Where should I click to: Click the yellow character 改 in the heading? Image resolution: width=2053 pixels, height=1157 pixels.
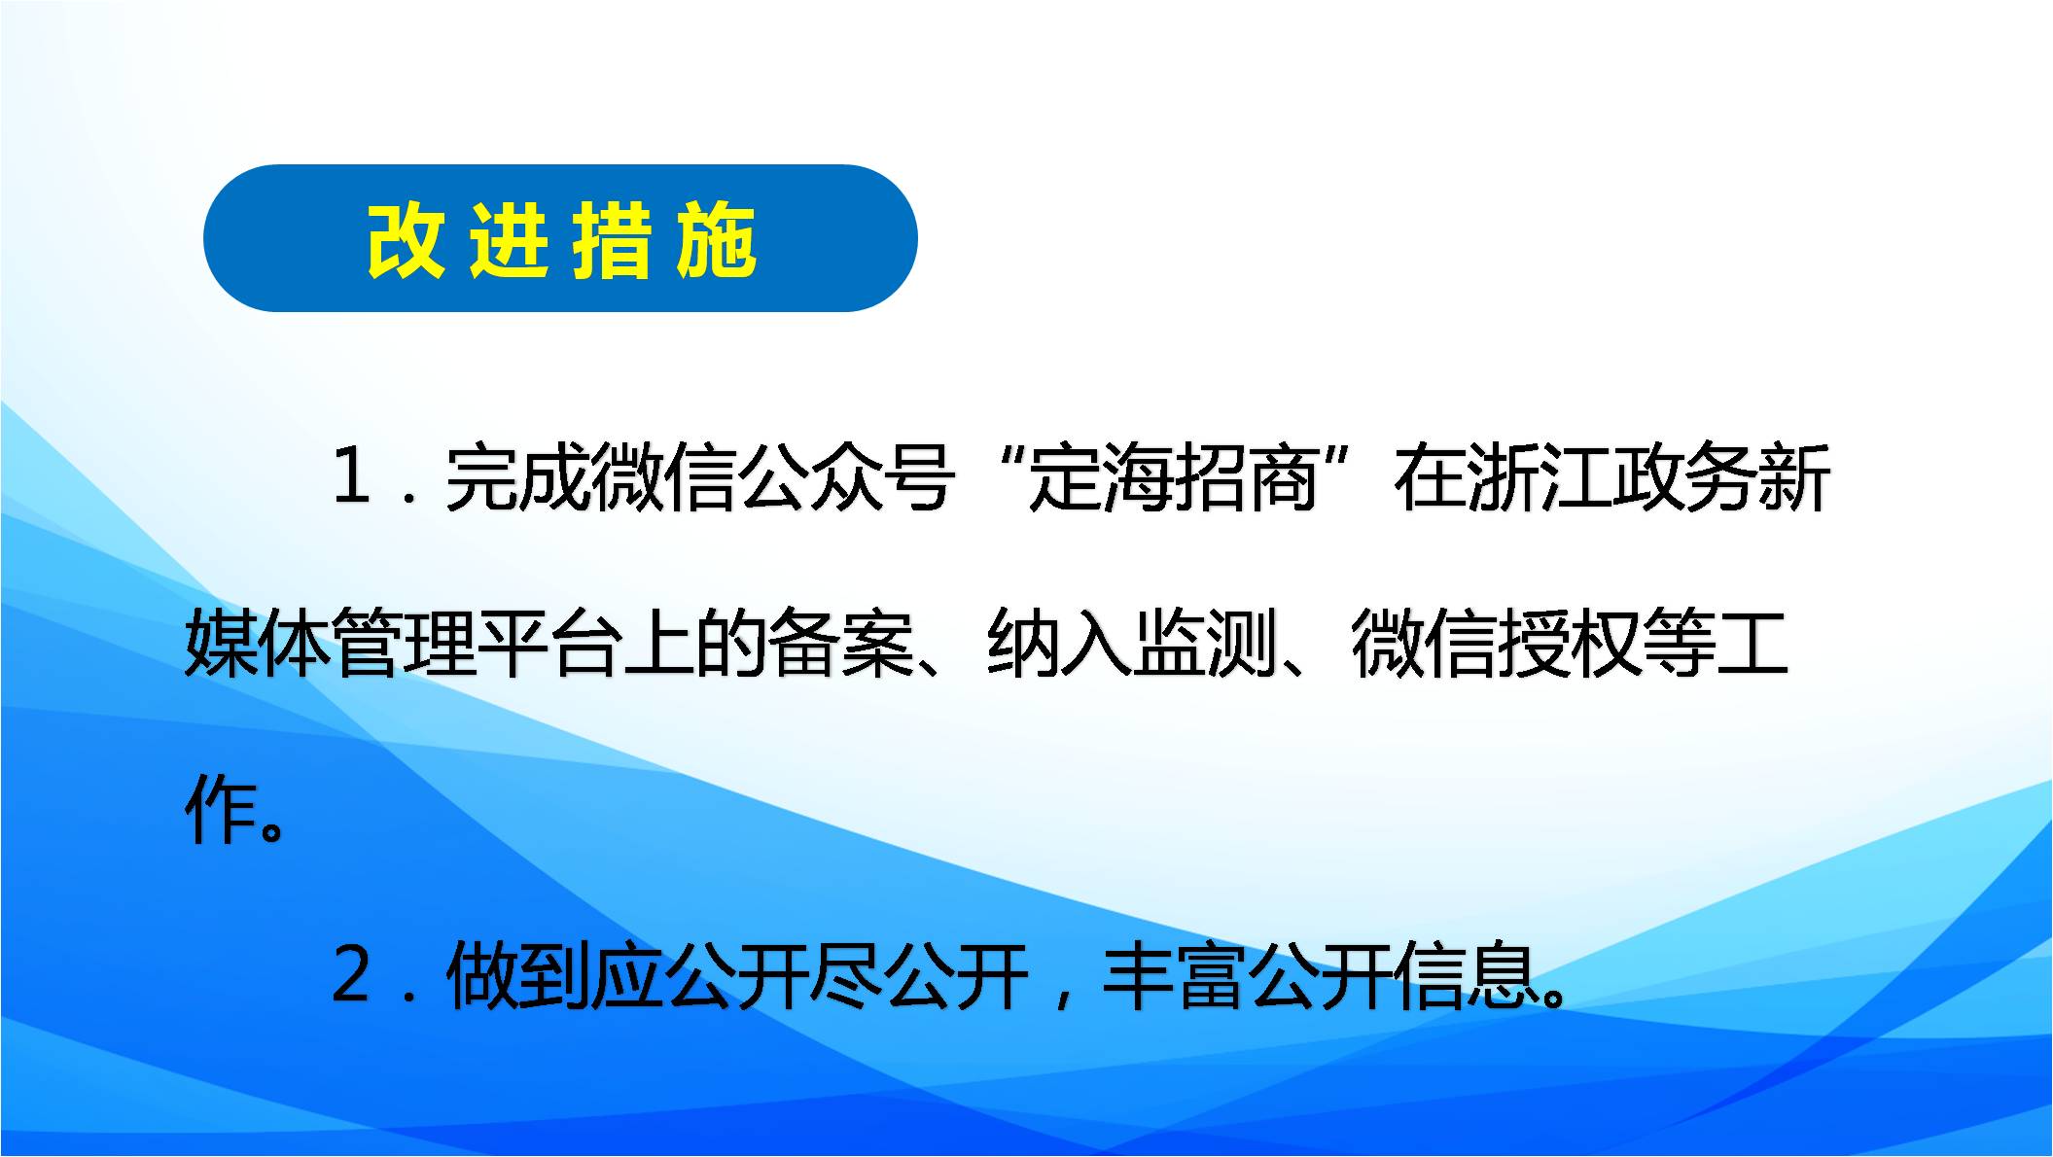(x=406, y=241)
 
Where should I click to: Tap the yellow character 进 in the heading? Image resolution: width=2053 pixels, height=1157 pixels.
(x=508, y=241)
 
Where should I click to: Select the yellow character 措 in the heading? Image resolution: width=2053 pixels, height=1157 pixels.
(x=612, y=241)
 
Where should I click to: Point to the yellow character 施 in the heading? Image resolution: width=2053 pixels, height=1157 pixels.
(x=716, y=241)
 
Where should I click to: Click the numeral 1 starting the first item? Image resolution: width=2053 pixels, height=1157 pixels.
(x=351, y=476)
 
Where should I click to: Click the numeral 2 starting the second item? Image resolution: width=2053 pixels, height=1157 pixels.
(x=351, y=974)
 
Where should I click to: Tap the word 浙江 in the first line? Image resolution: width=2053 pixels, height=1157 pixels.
(x=1540, y=477)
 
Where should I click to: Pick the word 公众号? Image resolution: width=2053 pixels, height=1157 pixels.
(x=846, y=477)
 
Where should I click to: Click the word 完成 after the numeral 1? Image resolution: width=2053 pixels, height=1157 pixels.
(x=518, y=477)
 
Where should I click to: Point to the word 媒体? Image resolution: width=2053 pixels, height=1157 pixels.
(x=258, y=643)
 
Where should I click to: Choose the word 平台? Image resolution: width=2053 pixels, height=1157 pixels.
(x=549, y=643)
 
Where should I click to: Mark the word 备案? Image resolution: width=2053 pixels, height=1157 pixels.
(x=841, y=643)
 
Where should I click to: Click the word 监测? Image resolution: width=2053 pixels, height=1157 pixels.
(x=1206, y=643)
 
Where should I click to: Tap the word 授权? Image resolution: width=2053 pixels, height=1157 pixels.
(x=1571, y=643)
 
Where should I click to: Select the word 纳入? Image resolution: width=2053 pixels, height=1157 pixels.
(x=1060, y=643)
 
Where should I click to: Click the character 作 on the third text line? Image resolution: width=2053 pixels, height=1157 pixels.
(x=222, y=809)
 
